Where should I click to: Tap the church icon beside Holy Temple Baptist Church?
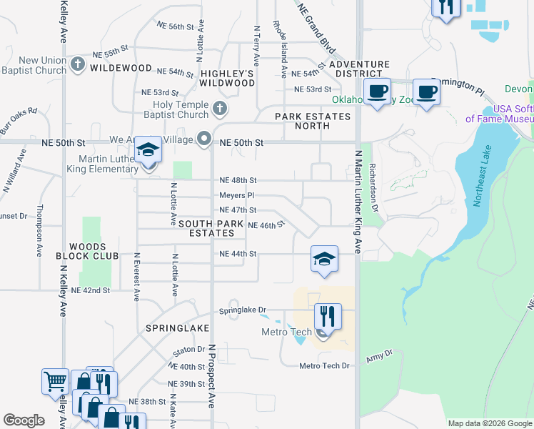[x=221, y=109]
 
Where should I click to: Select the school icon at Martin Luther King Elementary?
[x=148, y=150]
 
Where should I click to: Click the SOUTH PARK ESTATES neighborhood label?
[x=206, y=229]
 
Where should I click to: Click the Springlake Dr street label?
[x=242, y=311]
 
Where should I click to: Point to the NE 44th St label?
[x=237, y=254]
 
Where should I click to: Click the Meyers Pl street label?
[x=236, y=195]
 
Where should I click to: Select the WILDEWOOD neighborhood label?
[x=121, y=68]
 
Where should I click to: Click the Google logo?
[x=24, y=420]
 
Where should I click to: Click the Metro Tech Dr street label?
[x=325, y=366]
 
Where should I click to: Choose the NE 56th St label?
[x=176, y=26]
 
